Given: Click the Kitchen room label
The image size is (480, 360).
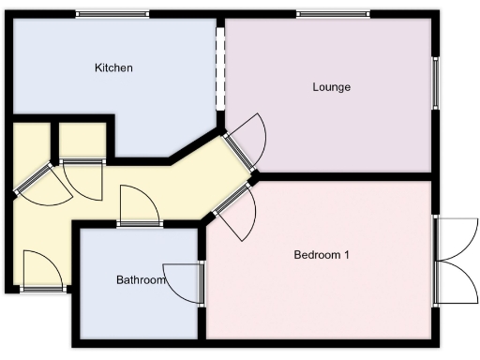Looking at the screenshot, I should click(113, 68).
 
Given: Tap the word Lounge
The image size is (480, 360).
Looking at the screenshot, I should click(331, 87).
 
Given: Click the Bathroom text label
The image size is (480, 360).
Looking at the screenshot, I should click(141, 280).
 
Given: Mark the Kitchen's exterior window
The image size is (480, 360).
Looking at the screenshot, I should click(112, 13).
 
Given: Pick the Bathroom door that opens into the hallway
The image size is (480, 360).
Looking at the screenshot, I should click(139, 208).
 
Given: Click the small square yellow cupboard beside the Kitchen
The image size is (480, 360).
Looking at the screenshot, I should click(82, 141).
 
